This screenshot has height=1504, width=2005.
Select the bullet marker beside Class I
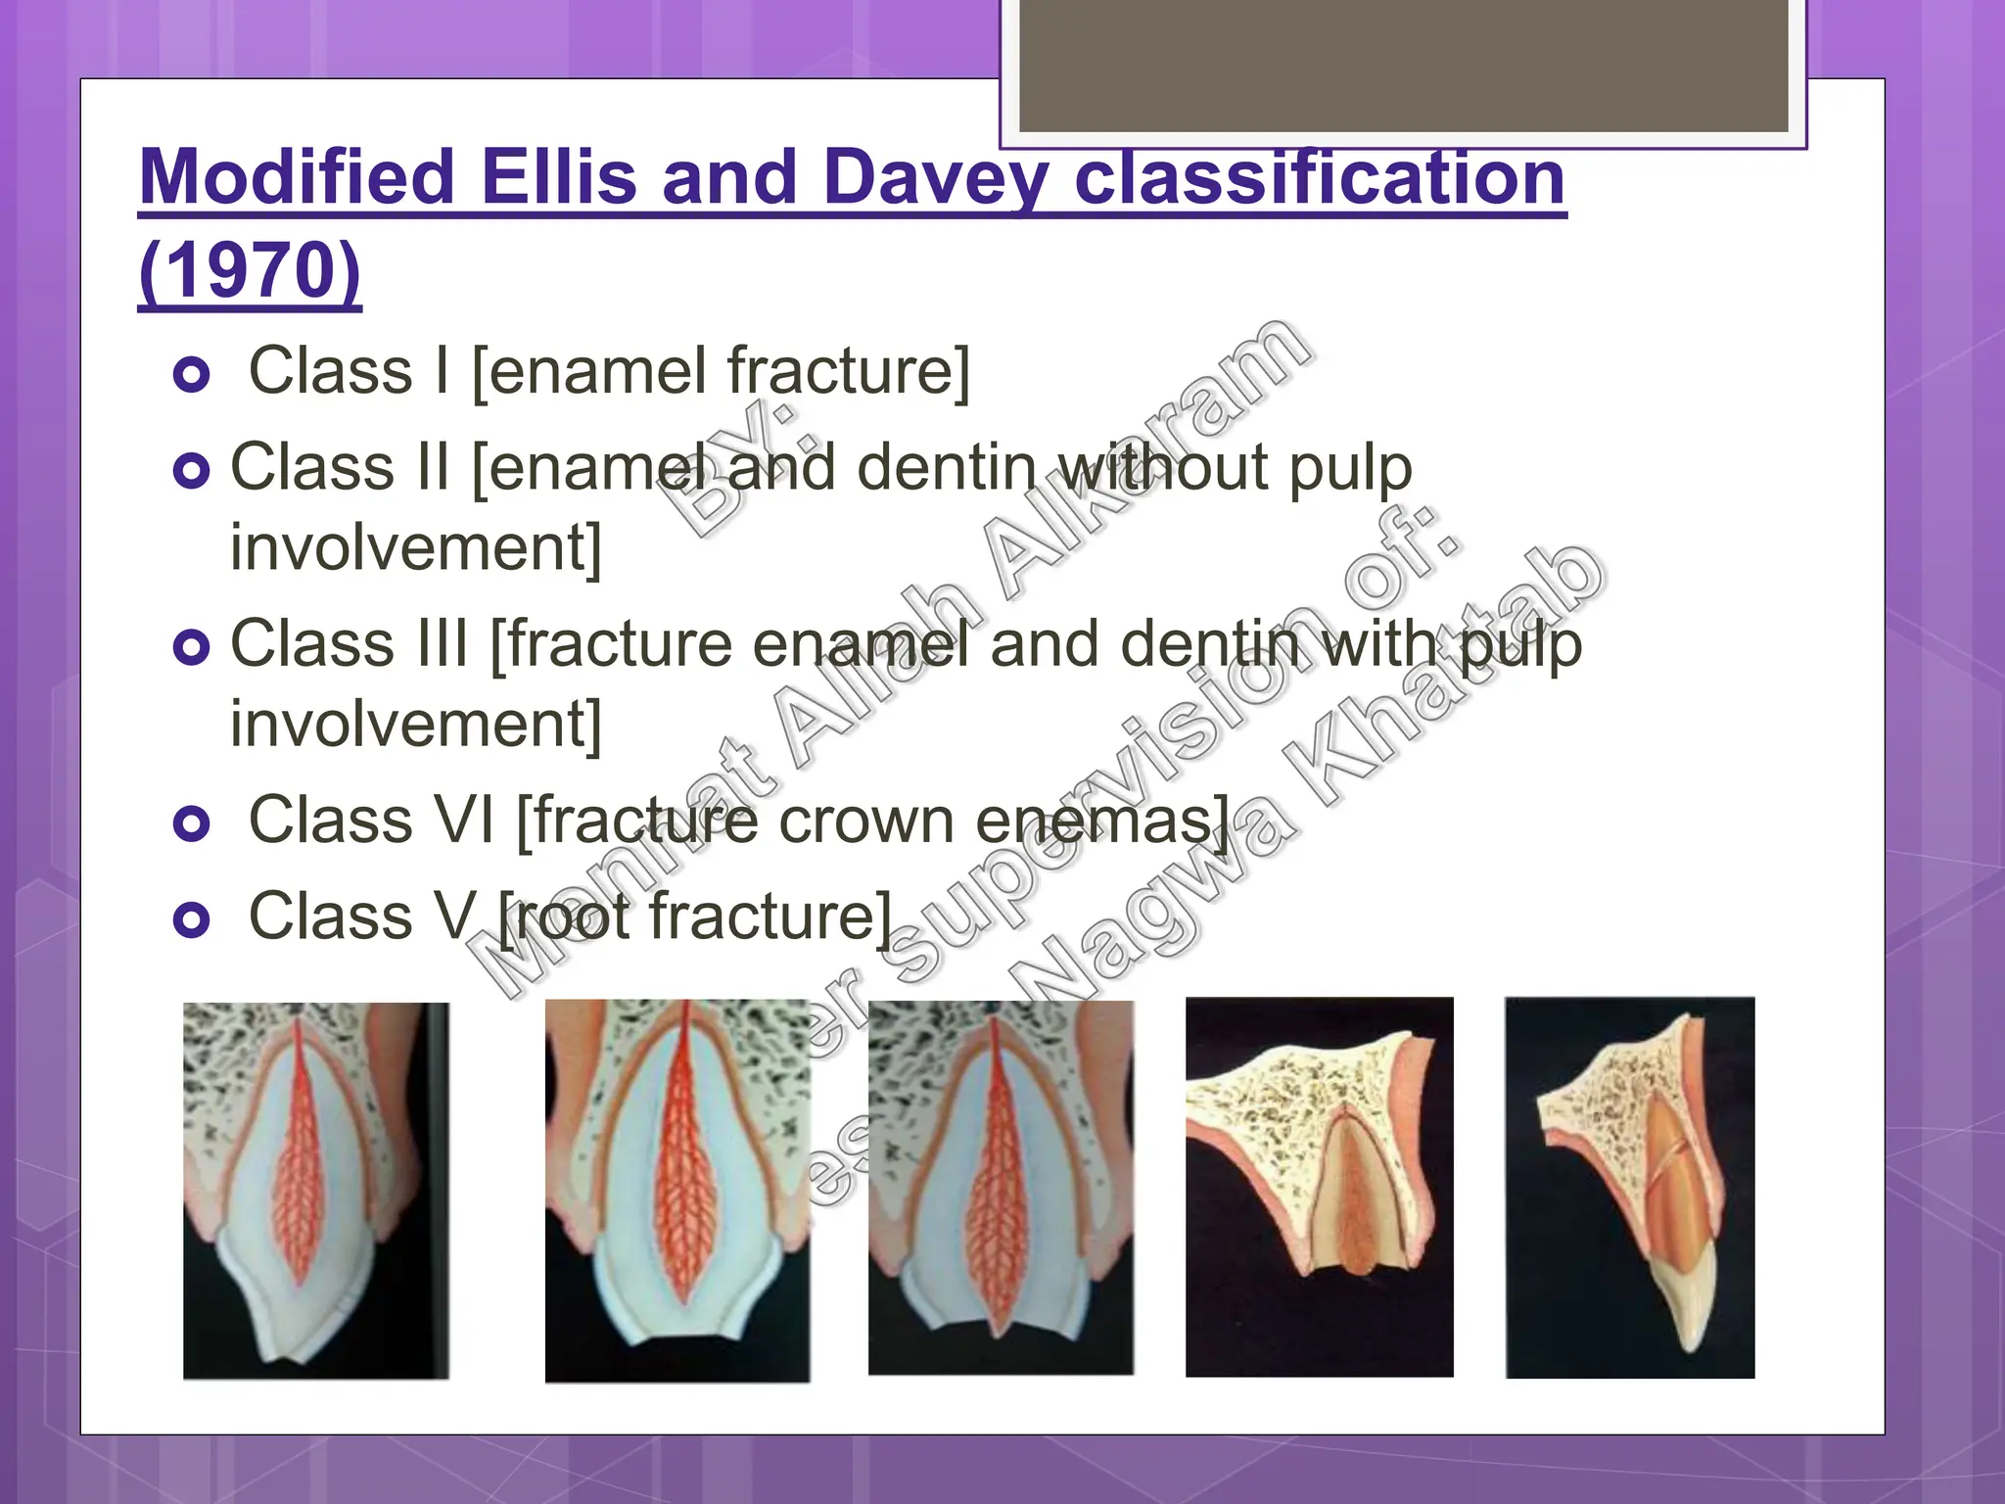192,375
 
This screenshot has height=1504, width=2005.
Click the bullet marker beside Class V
192,920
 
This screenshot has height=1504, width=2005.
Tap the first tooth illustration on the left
316,1190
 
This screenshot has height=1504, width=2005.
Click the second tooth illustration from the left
677,1190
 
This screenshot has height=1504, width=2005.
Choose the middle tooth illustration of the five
1001,1188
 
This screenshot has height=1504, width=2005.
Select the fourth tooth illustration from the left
1319,1187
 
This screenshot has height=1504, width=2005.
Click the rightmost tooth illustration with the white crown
1629,1187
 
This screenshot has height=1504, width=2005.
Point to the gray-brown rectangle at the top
1403,66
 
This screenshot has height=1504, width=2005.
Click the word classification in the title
1319,177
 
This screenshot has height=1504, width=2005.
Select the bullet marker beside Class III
192,647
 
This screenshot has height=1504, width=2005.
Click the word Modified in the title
298,177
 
